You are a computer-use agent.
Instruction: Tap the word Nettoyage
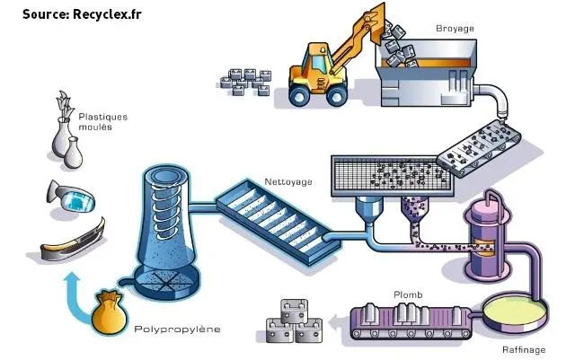[x=288, y=182]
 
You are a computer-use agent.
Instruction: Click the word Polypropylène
[x=176, y=329]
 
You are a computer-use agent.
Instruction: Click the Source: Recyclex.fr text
[x=82, y=14]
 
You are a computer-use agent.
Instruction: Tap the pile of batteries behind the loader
[x=246, y=82]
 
